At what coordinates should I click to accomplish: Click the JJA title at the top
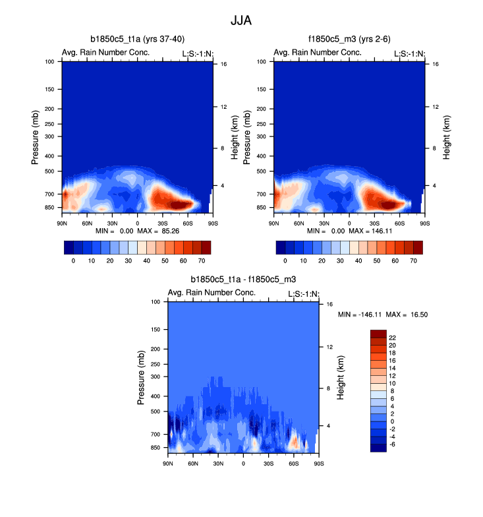pyautogui.click(x=241, y=20)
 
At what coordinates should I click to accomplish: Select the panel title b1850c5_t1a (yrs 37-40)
pyautogui.click(x=137, y=40)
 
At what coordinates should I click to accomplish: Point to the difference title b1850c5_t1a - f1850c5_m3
pyautogui.click(x=243, y=280)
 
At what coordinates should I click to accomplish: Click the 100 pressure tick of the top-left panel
pyautogui.click(x=49, y=62)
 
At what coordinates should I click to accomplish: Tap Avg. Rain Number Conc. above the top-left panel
pyautogui.click(x=106, y=53)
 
